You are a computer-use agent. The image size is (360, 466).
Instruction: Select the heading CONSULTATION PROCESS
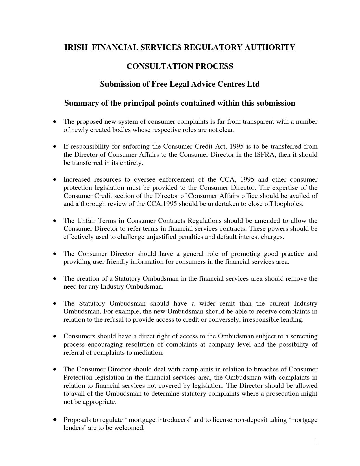(x=180, y=66)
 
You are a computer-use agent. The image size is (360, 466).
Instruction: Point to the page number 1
(x=316, y=441)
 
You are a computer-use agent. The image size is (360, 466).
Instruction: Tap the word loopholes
(x=289, y=204)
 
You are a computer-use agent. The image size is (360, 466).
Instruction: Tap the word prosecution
(x=283, y=393)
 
